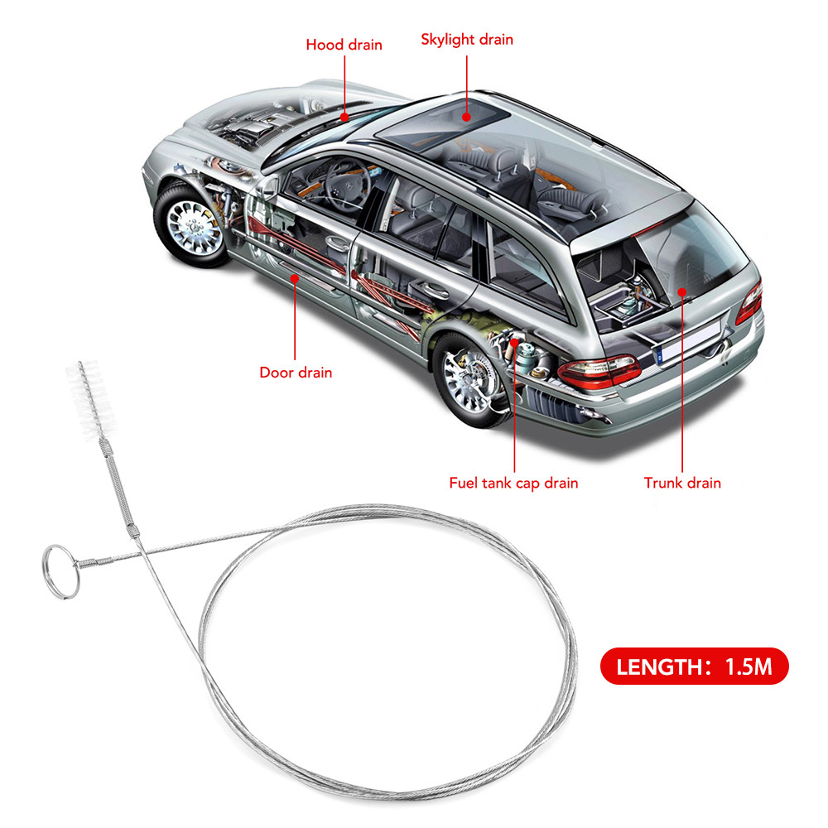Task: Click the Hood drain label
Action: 344,45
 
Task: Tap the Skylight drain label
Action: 467,40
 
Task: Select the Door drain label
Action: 296,373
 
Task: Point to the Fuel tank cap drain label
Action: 513,483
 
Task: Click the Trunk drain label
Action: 682,483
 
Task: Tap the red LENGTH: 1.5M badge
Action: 695,666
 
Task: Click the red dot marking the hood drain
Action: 344,117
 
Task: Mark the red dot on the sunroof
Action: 466,117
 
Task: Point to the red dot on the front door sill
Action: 295,277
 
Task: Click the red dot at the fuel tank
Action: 514,342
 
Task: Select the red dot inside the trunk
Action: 681,291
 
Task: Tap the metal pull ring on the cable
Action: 60,572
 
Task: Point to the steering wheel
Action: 346,185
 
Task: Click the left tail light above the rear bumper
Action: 599,371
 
